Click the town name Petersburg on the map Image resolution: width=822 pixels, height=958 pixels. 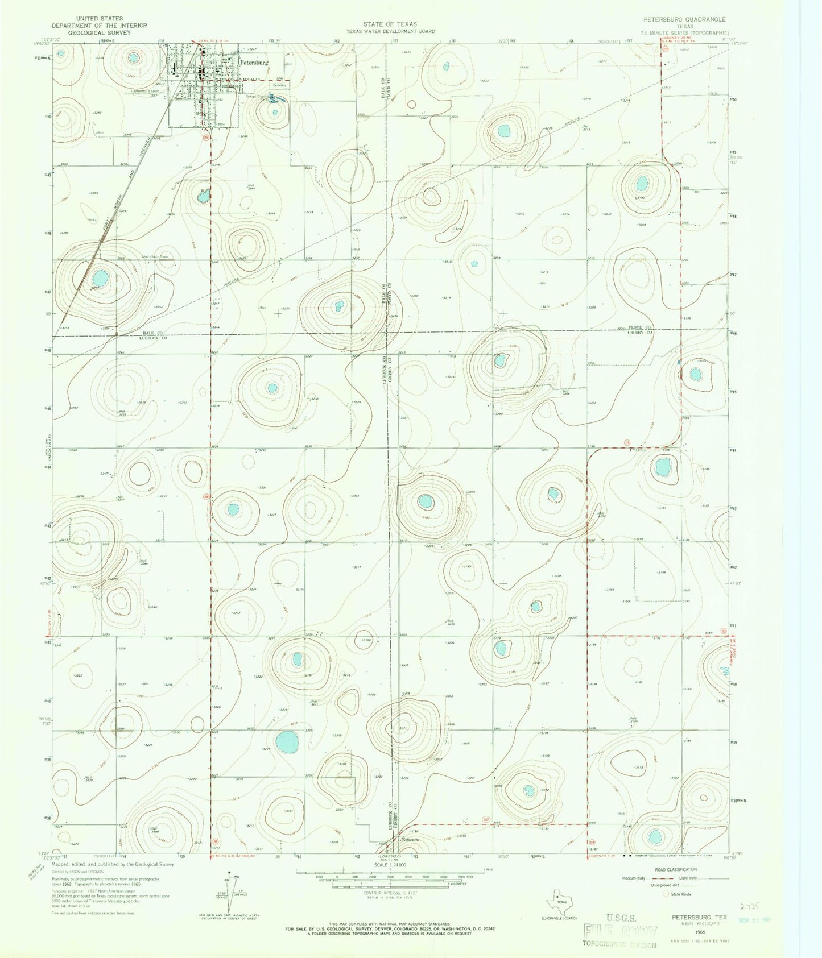(254, 62)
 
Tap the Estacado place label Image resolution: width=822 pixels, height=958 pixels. (411, 840)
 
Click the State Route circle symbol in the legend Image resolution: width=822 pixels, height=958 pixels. (666, 894)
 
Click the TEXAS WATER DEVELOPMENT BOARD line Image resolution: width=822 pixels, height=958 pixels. (391, 31)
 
